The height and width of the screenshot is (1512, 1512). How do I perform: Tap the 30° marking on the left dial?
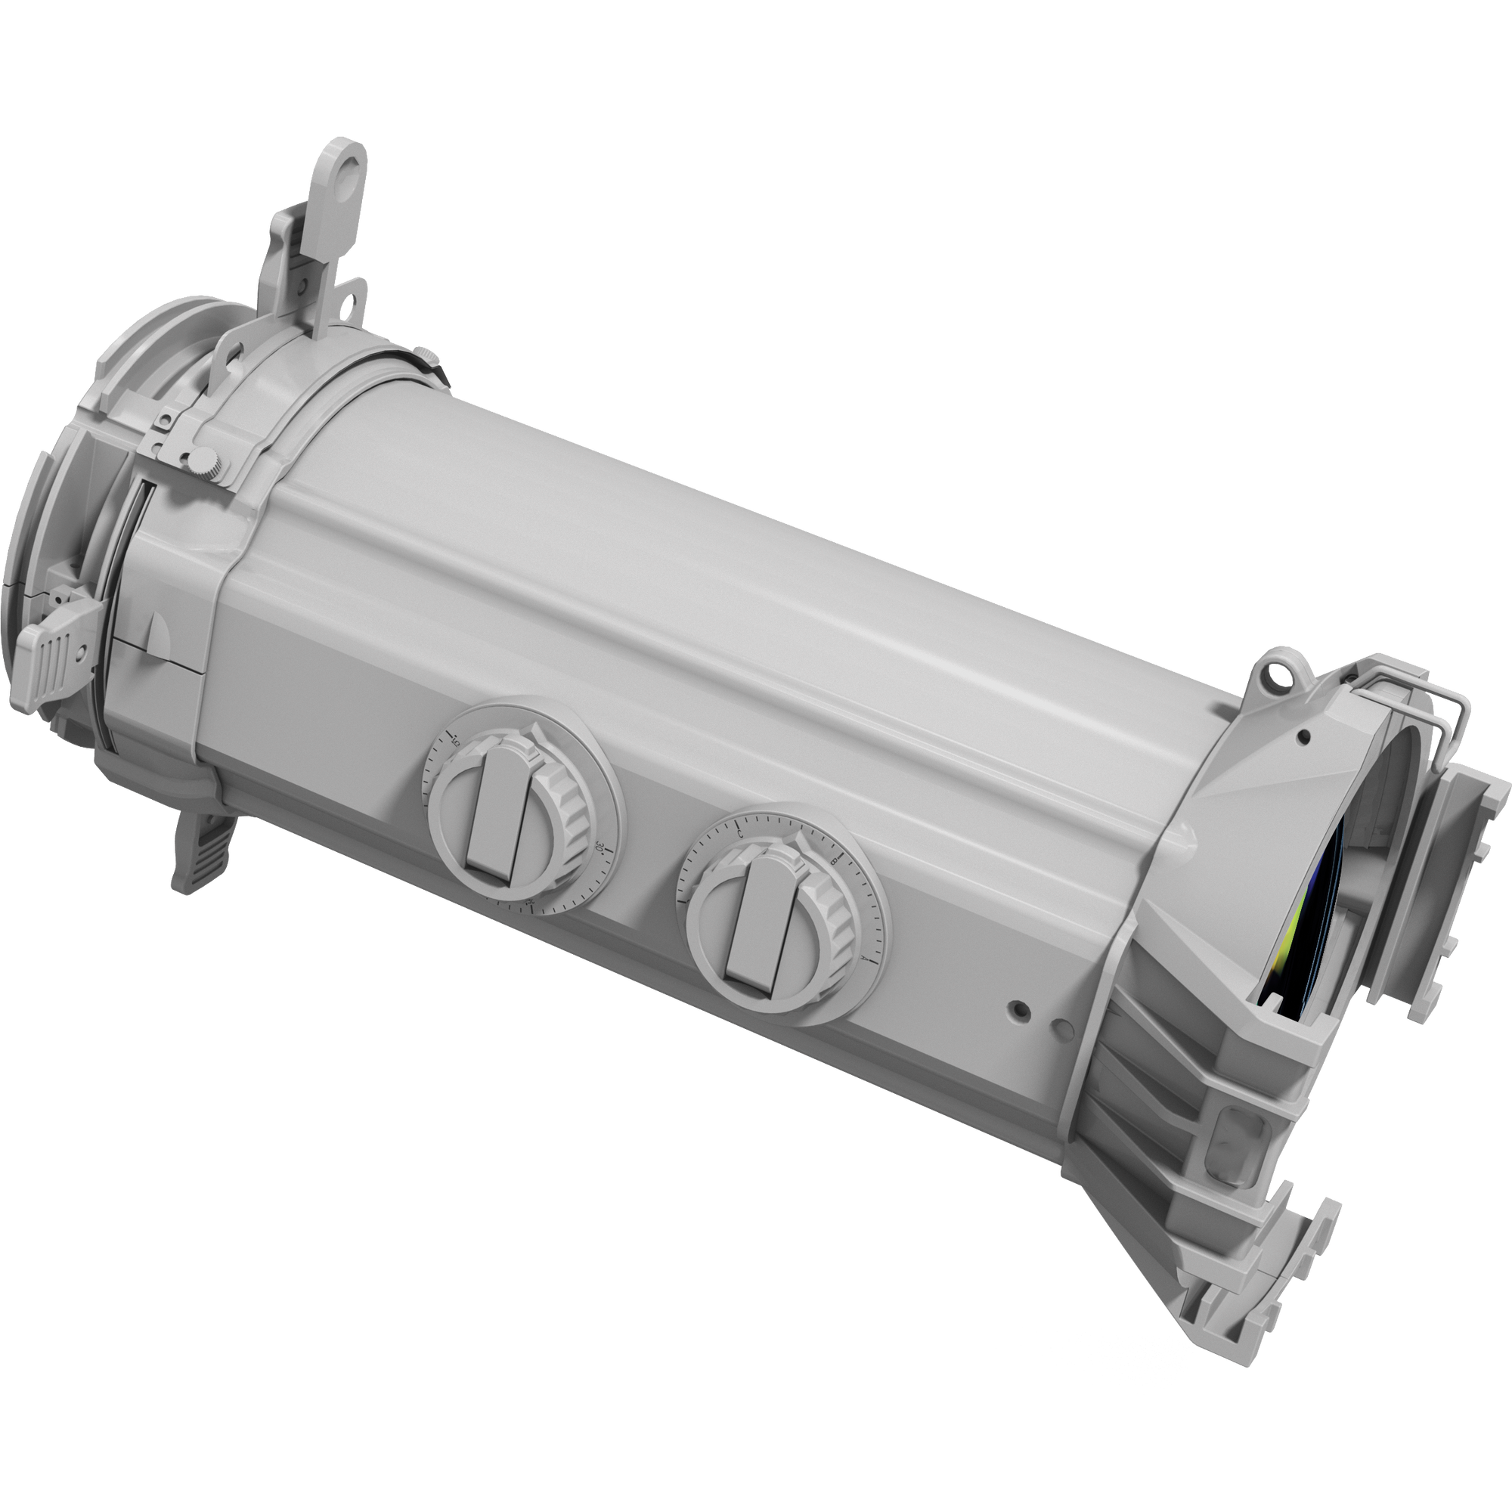pyautogui.click(x=600, y=847)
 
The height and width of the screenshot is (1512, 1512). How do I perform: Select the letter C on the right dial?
pyautogui.click(x=739, y=835)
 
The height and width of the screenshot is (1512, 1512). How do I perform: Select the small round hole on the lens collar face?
pyautogui.click(x=1303, y=736)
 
